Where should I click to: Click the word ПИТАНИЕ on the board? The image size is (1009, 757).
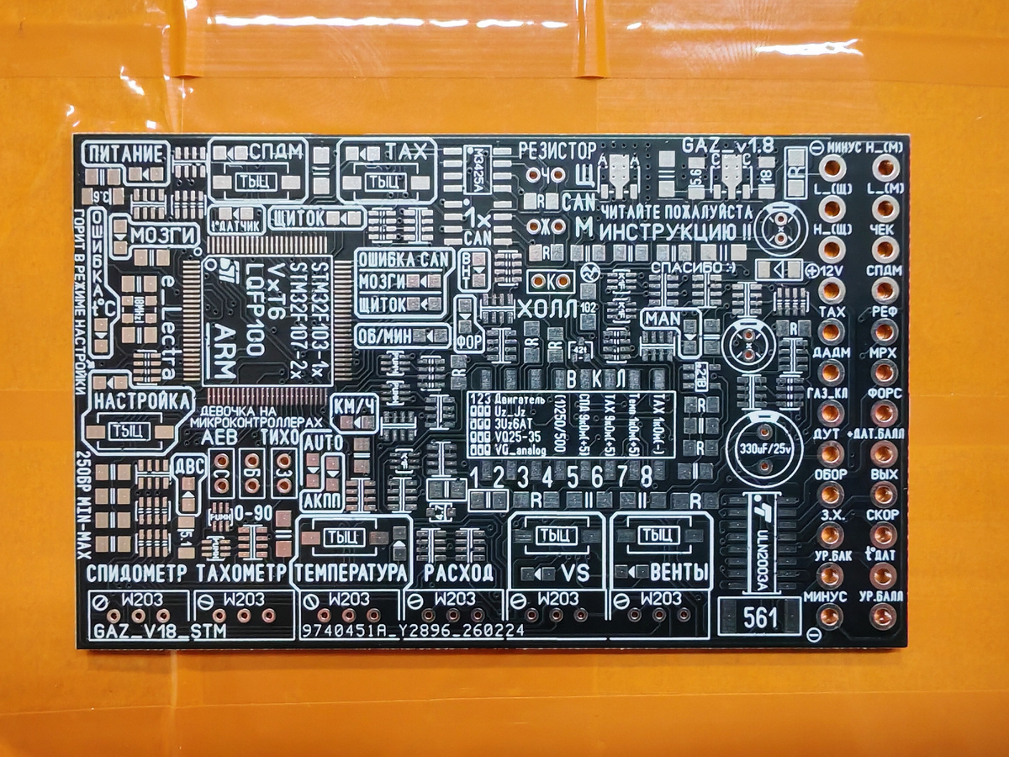pyautogui.click(x=126, y=153)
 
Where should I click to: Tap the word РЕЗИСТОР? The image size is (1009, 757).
pyautogui.click(x=555, y=151)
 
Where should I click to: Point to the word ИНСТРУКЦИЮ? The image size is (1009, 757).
pyautogui.click(x=663, y=230)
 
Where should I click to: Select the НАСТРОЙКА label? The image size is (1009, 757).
pyautogui.click(x=142, y=400)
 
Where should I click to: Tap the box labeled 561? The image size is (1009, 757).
pyautogui.click(x=760, y=619)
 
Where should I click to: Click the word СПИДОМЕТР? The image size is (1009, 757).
pyautogui.click(x=138, y=574)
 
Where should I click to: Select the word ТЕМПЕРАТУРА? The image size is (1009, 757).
pyautogui.click(x=350, y=574)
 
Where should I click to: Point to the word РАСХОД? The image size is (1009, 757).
pyautogui.click(x=458, y=574)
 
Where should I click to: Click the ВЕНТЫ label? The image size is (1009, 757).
pyautogui.click(x=679, y=574)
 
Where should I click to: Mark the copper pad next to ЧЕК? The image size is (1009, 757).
pyautogui.click(x=884, y=250)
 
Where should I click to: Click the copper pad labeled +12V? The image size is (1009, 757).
pyautogui.click(x=832, y=290)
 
